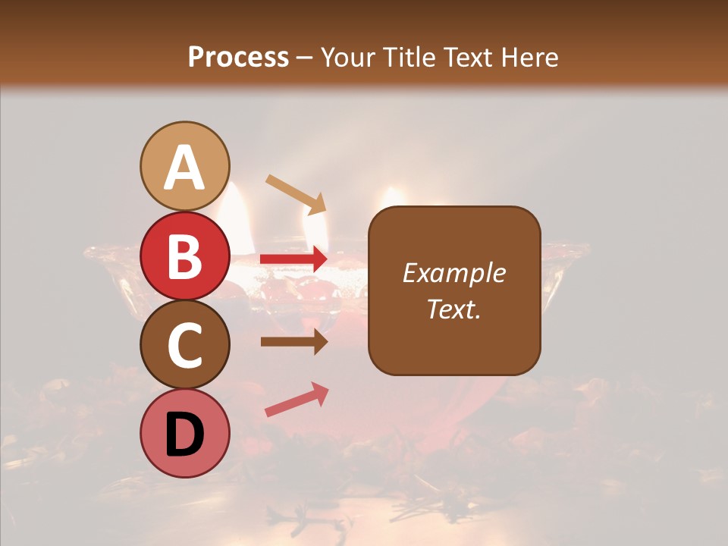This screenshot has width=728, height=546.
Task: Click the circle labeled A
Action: (x=184, y=166)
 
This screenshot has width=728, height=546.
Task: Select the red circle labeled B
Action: (x=184, y=256)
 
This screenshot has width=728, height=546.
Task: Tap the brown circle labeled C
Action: (x=184, y=344)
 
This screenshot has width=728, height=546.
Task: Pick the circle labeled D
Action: (x=184, y=434)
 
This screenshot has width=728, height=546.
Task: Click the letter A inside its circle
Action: (x=184, y=168)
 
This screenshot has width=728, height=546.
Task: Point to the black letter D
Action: (x=184, y=435)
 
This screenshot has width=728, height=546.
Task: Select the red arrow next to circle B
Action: (x=294, y=259)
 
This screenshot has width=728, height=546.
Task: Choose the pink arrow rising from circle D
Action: (x=297, y=400)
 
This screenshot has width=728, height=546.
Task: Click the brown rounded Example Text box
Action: (x=454, y=290)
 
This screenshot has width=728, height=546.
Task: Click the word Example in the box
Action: (x=454, y=273)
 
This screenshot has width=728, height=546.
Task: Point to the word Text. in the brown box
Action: (x=454, y=309)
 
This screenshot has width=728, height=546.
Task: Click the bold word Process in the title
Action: (x=238, y=58)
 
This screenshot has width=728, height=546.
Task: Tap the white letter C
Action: (x=184, y=345)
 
